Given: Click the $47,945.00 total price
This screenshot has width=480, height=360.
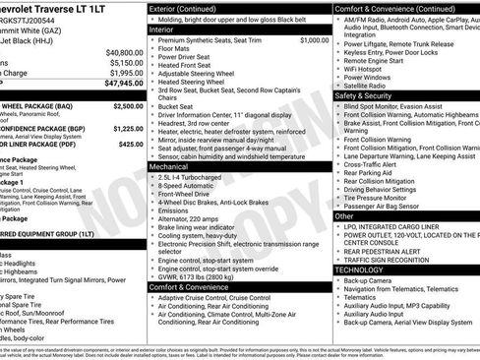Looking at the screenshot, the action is [x=117, y=84].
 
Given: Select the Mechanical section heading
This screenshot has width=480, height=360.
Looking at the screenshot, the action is [x=168, y=167].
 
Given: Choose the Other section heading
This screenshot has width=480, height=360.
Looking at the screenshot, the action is [x=344, y=215].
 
